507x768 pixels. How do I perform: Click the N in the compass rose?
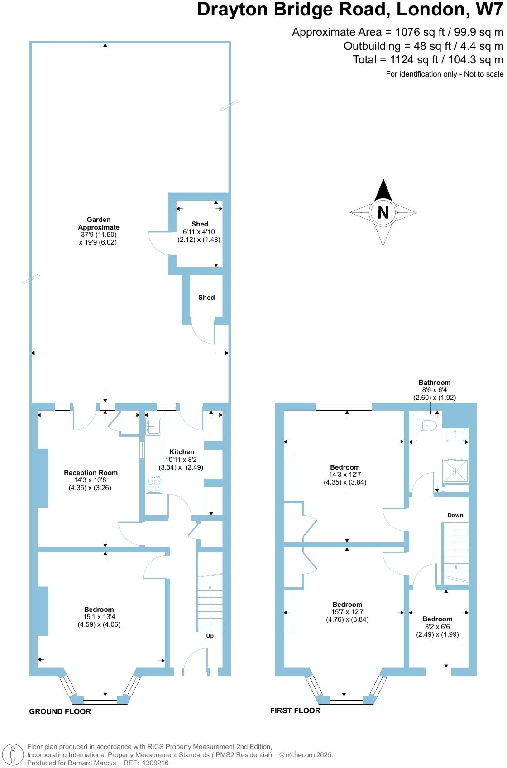pos(383,212)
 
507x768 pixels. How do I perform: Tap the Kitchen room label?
pos(182,451)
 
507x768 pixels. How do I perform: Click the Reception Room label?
pos(91,472)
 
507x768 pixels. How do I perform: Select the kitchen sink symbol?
pos(153,427)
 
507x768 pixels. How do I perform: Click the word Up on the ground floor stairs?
pos(210,636)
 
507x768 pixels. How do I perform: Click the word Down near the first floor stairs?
pos(455,515)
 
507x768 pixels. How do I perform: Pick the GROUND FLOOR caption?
pos(60,711)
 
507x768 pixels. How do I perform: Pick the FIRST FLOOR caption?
pos(295,710)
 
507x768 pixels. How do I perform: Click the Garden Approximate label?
pos(99,223)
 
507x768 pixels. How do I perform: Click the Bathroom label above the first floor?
pos(434,382)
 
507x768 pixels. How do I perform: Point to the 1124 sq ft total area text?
pos(428,60)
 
